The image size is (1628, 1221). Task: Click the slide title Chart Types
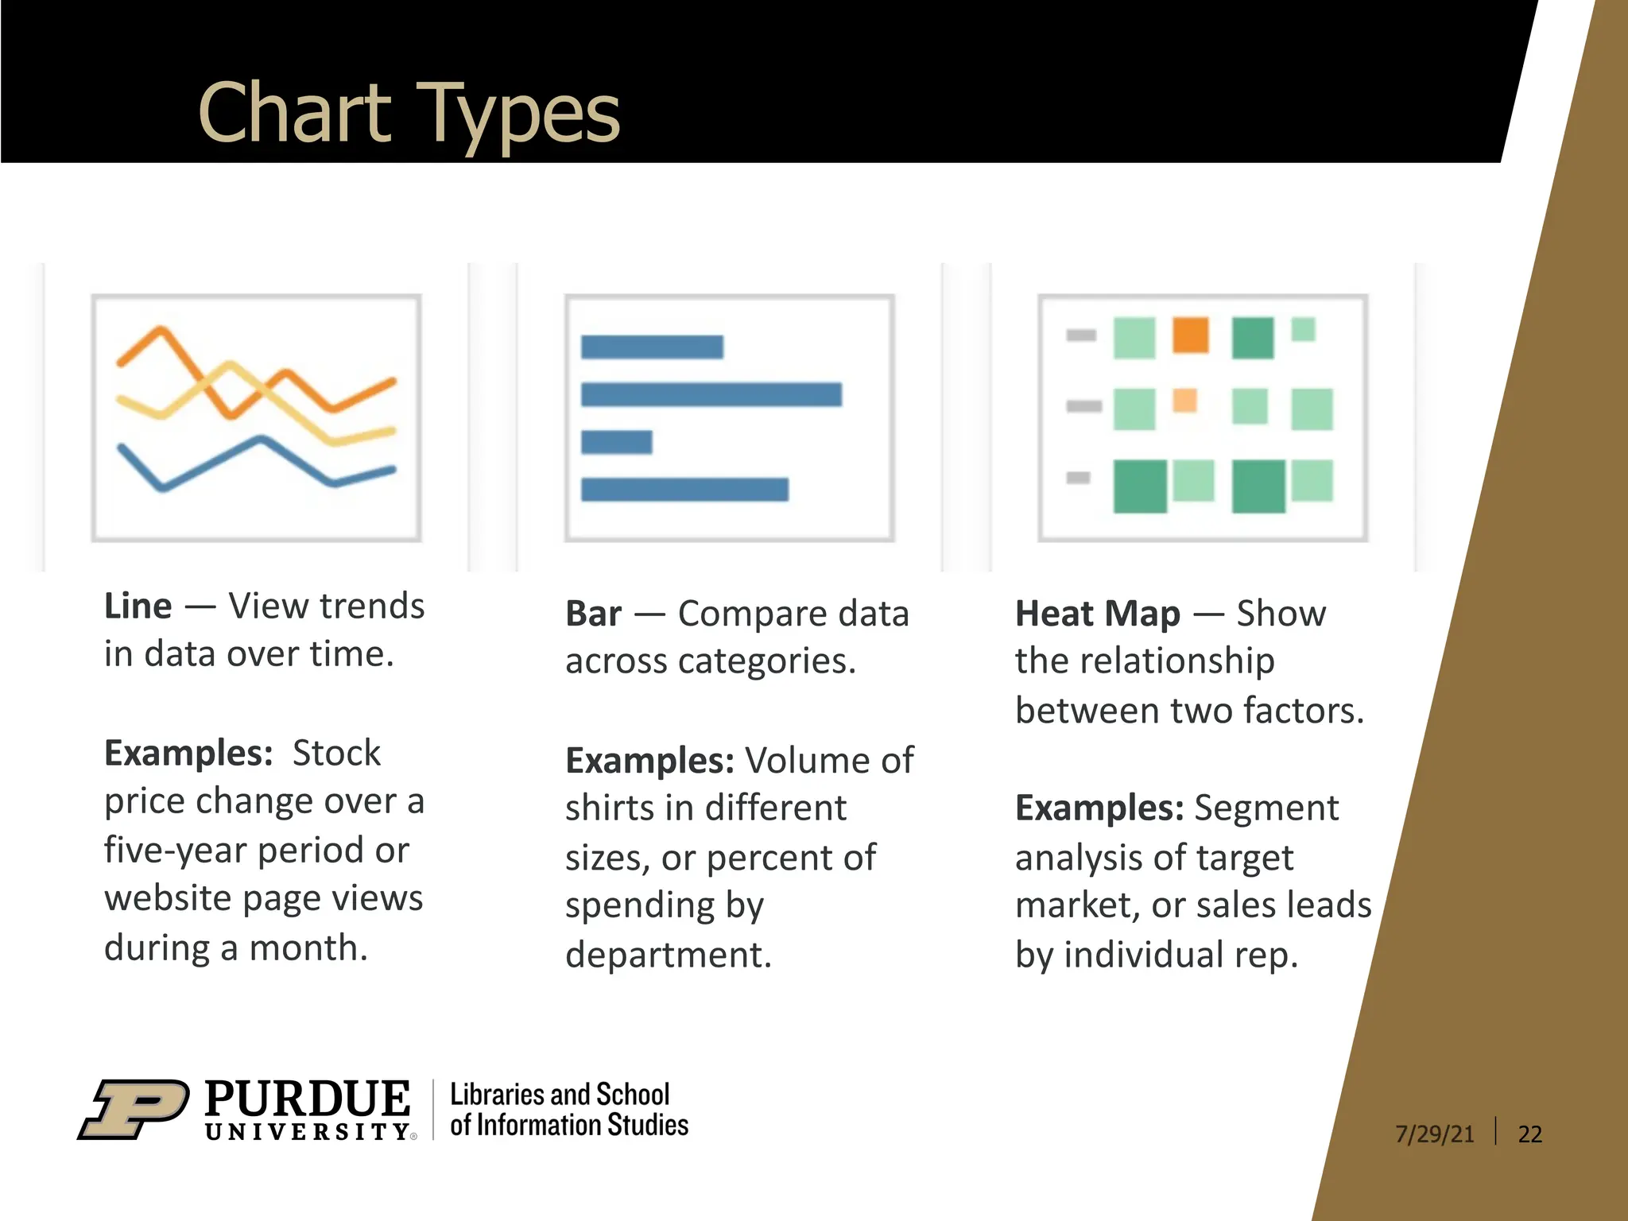click(x=408, y=114)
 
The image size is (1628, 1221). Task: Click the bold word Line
click(x=138, y=607)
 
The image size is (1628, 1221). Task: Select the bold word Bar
click(x=593, y=614)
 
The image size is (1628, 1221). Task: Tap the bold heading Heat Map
click(x=1097, y=614)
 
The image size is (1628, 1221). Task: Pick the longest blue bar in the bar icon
click(x=711, y=394)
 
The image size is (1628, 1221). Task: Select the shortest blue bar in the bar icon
click(x=616, y=442)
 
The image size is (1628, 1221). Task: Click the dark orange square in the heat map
click(x=1190, y=335)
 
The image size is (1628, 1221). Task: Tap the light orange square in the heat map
click(x=1184, y=400)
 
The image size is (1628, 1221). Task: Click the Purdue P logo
click(x=134, y=1109)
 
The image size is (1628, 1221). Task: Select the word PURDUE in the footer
click(x=307, y=1099)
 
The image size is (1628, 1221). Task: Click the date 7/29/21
click(x=1434, y=1134)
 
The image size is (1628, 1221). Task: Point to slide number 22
click(x=1529, y=1134)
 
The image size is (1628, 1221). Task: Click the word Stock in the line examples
click(x=336, y=754)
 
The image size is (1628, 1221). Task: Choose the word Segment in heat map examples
click(x=1266, y=808)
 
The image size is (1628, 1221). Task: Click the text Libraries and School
click(x=560, y=1095)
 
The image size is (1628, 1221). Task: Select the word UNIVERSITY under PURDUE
click(x=307, y=1132)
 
